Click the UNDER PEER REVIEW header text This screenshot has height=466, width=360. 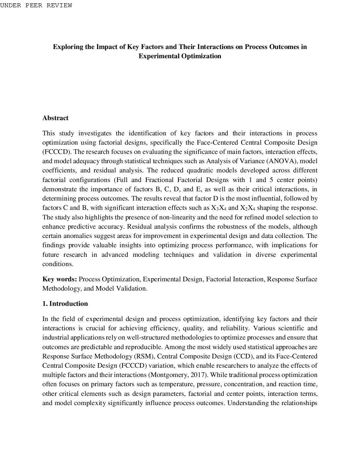36,5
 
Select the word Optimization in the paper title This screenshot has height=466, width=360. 201,56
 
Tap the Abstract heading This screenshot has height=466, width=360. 55,118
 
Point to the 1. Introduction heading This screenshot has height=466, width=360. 65,303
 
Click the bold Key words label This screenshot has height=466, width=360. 60,279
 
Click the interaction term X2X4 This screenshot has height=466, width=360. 247,208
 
